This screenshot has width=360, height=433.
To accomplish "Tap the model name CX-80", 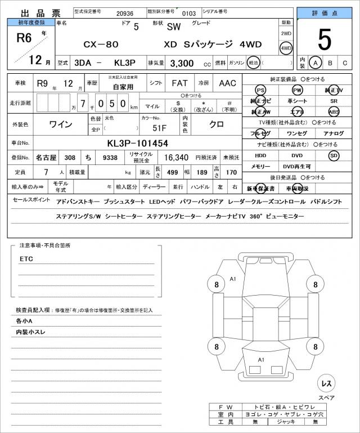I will point(89,44).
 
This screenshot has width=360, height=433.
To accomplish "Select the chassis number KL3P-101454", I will point(137,143).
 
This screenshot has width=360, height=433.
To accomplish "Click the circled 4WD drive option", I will point(286,48).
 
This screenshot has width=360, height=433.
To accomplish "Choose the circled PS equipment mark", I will point(260,90).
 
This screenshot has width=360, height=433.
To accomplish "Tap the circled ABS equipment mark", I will point(334,111).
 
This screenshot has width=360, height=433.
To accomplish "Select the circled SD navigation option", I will point(334,155).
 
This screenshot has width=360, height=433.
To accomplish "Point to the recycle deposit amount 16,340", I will point(175,158).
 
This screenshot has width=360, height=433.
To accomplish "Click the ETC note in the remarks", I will point(26,259).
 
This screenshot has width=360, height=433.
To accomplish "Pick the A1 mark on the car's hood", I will point(233,279).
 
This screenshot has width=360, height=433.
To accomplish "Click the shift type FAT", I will point(180,83).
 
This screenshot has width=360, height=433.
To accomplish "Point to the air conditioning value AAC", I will point(227,83).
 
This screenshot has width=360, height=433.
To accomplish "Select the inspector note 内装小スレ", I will point(31,332).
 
